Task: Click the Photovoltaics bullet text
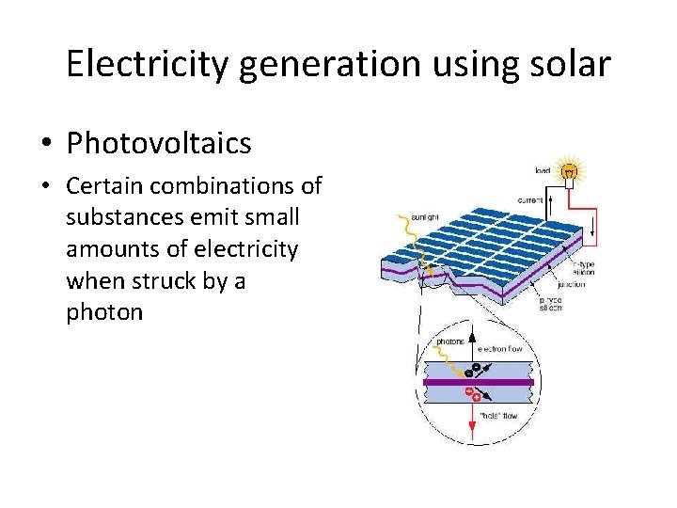tap(159, 144)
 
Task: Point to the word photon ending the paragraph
tap(104, 311)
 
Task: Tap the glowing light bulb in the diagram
tap(570, 171)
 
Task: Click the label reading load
tap(543, 170)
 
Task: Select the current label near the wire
tap(531, 199)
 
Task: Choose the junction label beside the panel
tap(571, 283)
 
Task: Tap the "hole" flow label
tap(497, 415)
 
